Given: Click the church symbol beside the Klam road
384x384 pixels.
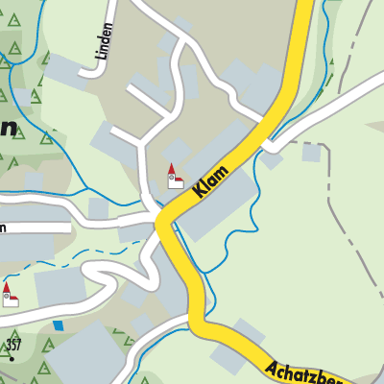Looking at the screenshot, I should [x=174, y=177].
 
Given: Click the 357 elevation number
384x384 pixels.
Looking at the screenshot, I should [x=12, y=343].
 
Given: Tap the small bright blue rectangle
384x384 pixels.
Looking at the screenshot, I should [x=58, y=324].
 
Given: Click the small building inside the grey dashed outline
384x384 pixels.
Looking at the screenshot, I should [x=310, y=152].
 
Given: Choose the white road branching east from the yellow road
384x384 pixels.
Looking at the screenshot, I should [x=326, y=110].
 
